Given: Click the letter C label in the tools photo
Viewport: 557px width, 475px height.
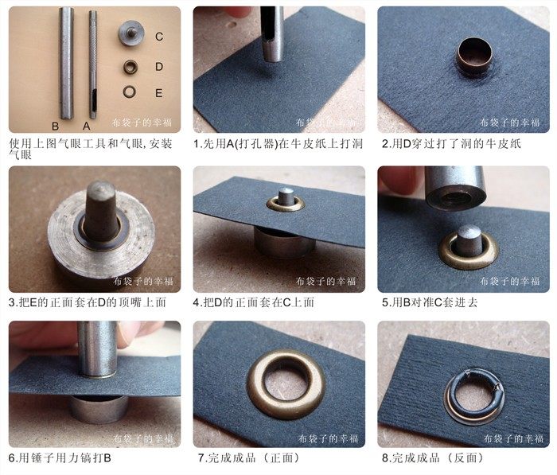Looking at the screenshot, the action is click(159, 37).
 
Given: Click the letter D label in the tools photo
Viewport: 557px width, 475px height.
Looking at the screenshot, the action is click(159, 66).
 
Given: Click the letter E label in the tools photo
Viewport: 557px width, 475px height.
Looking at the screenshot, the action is click(159, 93).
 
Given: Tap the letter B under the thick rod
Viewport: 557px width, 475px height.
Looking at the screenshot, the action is click(55, 127).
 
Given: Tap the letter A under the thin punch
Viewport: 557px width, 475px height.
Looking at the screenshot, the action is click(86, 127).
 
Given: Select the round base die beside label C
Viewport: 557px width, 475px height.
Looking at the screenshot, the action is click(131, 33).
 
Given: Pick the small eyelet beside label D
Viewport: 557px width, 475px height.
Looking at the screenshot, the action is click(130, 67).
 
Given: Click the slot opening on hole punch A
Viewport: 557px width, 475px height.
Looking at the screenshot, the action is click(94, 99).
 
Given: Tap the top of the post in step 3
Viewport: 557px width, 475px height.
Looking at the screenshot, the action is click(101, 189).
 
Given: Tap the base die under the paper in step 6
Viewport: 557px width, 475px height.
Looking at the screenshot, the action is click(99, 409).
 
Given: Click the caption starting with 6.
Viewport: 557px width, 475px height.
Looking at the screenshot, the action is click(60, 458).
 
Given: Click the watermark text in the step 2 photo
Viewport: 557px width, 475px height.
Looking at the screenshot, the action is click(510, 123).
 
